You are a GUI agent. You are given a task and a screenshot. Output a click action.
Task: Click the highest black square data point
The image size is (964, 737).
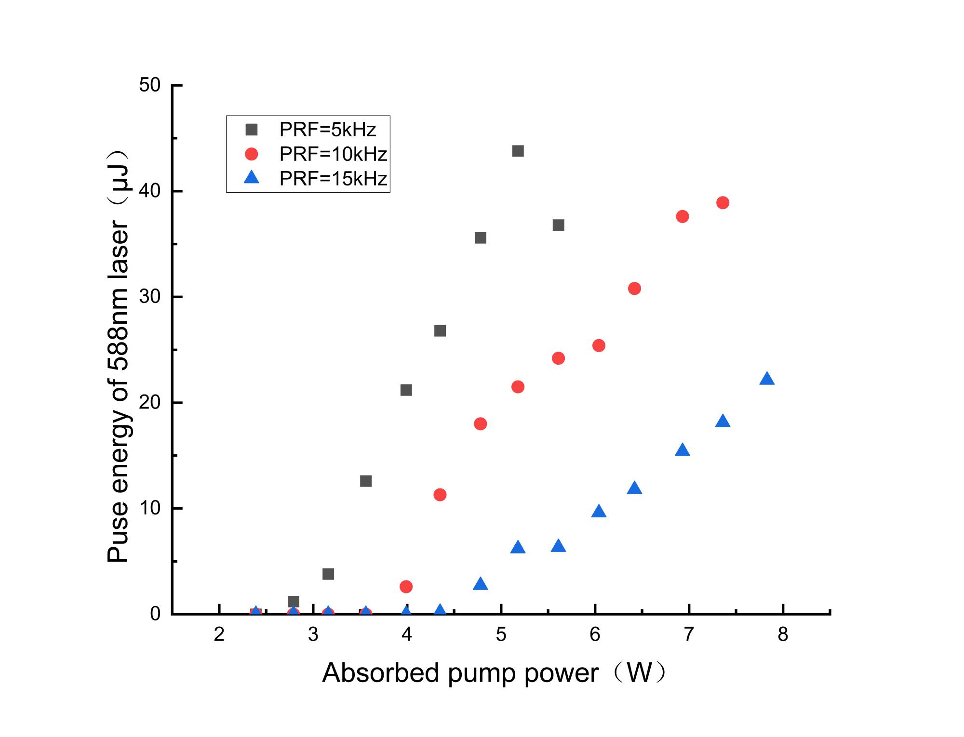pos(518,151)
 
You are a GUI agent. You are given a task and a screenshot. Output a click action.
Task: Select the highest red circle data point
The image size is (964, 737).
pos(723,203)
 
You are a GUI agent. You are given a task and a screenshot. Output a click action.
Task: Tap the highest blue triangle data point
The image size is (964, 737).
pos(766,379)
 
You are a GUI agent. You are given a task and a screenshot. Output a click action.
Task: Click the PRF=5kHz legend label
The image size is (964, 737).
pos(327,130)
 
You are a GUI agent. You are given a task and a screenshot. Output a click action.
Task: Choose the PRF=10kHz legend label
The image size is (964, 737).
pos(333,154)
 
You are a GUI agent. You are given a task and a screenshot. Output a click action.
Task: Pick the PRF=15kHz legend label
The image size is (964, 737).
pos(333,179)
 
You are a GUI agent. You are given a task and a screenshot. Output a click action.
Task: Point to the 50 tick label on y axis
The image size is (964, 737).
pos(149,85)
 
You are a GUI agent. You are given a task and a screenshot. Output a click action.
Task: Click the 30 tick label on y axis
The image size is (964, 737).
pos(149,297)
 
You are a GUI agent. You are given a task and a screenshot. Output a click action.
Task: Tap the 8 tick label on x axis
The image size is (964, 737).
pos(783,634)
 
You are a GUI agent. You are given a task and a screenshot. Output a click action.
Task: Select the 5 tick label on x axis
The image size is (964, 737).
pos(501,634)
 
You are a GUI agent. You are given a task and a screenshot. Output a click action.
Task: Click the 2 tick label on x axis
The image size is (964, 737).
pos(219,634)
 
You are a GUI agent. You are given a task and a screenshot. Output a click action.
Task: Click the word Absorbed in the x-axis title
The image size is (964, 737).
pos(381,673)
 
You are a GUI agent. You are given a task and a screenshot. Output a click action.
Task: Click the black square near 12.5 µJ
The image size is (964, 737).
pos(366,481)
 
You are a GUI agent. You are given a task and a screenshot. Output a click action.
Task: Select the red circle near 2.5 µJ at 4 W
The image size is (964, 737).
pos(406,587)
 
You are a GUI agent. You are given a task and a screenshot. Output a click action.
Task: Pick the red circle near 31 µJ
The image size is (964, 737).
pos(634,289)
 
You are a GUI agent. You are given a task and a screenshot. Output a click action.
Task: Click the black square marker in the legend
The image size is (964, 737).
pos(252,130)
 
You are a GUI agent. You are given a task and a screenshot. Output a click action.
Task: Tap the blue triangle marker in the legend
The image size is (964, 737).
pos(252,179)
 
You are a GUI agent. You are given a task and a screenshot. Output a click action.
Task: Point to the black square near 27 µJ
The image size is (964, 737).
pos(440,331)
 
